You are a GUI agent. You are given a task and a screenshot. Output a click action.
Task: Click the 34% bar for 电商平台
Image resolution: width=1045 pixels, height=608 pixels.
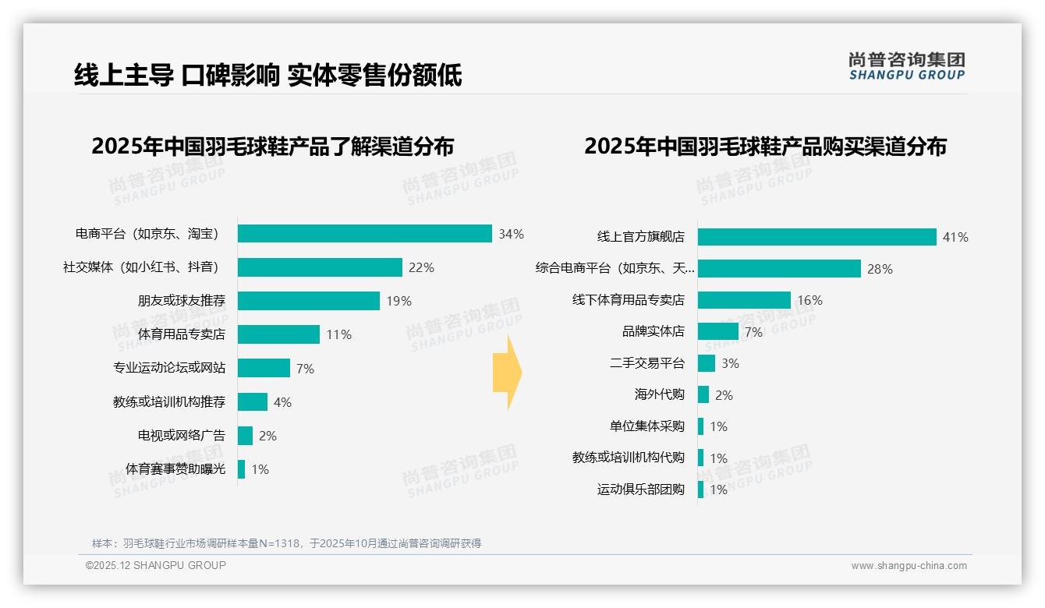364,234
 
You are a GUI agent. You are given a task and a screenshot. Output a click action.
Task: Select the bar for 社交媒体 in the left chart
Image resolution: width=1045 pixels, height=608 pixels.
320,267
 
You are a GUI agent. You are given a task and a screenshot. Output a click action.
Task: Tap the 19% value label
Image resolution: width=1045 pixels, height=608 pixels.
399,301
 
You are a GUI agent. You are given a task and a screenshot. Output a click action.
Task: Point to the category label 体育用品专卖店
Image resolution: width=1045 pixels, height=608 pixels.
181,334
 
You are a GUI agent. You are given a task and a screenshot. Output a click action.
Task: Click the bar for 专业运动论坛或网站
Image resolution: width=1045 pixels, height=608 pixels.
264,368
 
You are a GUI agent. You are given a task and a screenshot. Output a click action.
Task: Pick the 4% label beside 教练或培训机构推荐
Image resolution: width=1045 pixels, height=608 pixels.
282,402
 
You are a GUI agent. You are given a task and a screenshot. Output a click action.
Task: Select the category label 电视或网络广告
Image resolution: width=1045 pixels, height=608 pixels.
181,435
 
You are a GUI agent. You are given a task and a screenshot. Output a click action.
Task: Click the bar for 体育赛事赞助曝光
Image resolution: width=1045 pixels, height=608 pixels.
242,469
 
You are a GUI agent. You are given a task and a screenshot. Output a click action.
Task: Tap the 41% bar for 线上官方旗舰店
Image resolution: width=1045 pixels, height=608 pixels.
817,237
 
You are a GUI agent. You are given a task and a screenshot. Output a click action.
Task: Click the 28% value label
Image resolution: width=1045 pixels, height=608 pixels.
880,269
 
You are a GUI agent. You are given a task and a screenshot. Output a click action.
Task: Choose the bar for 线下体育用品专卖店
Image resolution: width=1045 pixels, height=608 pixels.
744,300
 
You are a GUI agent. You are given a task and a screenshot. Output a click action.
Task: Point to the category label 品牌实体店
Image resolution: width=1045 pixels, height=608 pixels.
653,331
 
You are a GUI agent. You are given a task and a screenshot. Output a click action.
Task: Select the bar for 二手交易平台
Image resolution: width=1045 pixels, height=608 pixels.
707,363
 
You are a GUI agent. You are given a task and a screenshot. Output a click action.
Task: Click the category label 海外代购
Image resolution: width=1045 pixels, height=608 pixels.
659,394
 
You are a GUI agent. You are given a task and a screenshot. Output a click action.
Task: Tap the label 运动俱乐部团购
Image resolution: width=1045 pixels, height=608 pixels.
640,490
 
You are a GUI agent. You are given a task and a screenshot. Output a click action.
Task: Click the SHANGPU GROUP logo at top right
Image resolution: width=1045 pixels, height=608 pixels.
906,66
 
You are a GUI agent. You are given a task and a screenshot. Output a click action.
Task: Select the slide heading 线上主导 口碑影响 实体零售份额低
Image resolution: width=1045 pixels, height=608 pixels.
268,75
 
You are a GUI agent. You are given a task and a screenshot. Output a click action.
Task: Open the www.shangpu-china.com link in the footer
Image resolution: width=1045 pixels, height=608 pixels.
909,566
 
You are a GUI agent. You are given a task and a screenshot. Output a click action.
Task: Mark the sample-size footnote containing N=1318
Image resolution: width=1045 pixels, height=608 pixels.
286,543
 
